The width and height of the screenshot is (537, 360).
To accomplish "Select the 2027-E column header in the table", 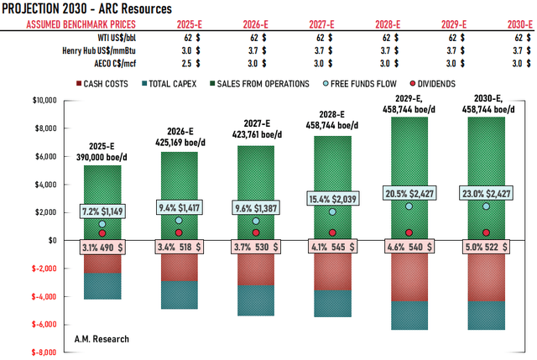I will pyautogui.click(x=320, y=24).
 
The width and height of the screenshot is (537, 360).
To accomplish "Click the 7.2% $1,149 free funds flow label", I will pyautogui.click(x=102, y=210).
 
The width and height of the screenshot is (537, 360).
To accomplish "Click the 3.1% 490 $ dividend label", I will pyautogui.click(x=102, y=248).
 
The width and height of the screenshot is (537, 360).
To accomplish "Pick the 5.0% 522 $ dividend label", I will pyautogui.click(x=487, y=248).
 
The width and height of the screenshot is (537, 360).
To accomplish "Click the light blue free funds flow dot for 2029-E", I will pyautogui.click(x=409, y=206).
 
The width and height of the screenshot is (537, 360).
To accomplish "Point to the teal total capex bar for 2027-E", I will pyautogui.click(x=256, y=300).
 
